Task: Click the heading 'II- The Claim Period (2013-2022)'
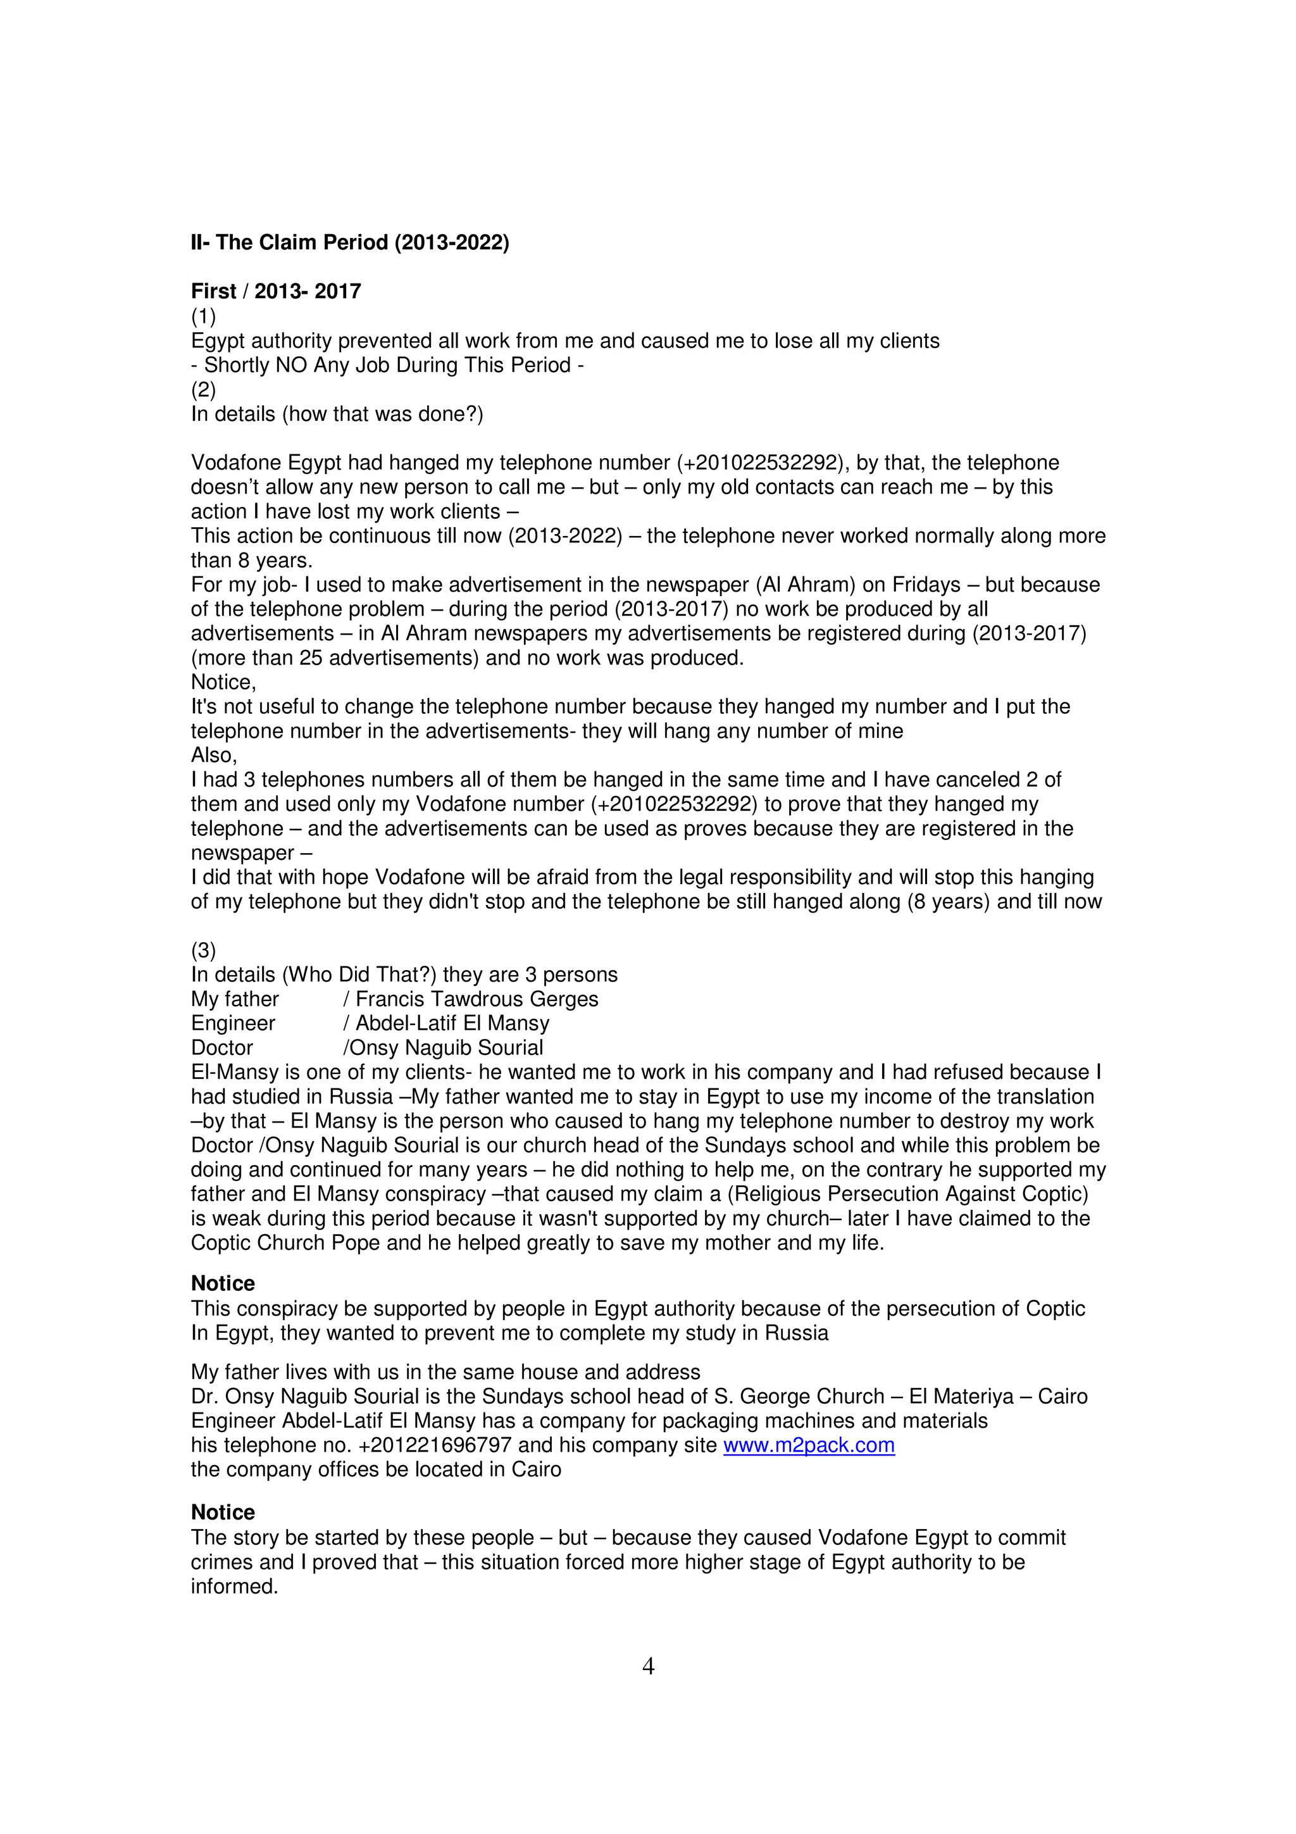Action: [350, 242]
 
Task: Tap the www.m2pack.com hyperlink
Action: [808, 1445]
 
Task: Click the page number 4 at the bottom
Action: [647, 1666]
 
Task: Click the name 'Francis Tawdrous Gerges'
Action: [477, 999]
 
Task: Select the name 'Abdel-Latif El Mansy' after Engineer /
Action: [452, 1023]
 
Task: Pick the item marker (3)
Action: [203, 950]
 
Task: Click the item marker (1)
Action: [203, 316]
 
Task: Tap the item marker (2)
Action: [203, 389]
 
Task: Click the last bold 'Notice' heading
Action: [223, 1512]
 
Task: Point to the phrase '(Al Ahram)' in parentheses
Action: [808, 585]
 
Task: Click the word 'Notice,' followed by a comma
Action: [223, 682]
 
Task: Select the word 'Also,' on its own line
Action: [213, 755]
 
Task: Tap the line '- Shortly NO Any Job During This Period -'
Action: [387, 365]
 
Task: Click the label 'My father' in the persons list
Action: [235, 999]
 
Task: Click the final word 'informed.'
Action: [234, 1587]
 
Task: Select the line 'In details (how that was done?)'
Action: [337, 414]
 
